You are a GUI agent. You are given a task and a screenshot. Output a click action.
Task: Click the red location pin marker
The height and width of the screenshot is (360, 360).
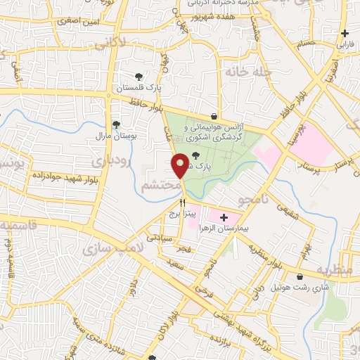coord(180,165)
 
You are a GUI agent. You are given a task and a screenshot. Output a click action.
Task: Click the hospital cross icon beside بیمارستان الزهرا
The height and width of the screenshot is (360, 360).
coord(224,219)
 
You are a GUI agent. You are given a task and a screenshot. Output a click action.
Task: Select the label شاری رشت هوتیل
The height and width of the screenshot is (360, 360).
coord(300,288)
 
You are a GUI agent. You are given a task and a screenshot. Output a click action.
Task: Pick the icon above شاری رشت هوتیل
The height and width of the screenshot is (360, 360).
coord(301,277)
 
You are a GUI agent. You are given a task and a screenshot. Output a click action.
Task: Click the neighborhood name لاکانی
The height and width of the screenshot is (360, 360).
coord(114,44)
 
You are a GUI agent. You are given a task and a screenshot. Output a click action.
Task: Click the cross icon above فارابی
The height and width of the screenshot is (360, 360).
coord(345,33)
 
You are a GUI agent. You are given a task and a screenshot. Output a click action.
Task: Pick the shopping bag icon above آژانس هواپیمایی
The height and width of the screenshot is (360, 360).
coord(214,117)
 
